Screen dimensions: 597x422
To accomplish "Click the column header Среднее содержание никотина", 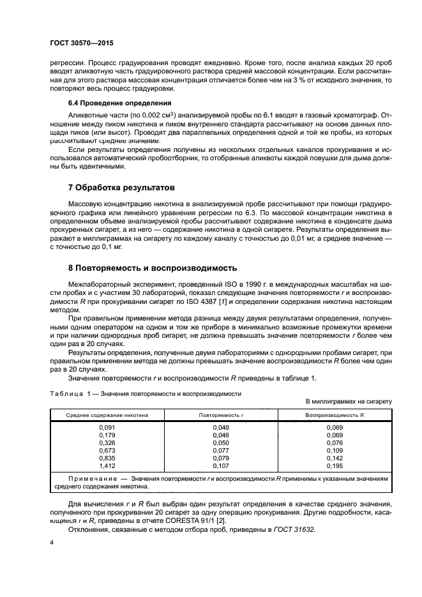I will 107,415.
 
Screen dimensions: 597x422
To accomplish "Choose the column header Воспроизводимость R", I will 335,415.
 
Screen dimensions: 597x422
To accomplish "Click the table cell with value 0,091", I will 107,427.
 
